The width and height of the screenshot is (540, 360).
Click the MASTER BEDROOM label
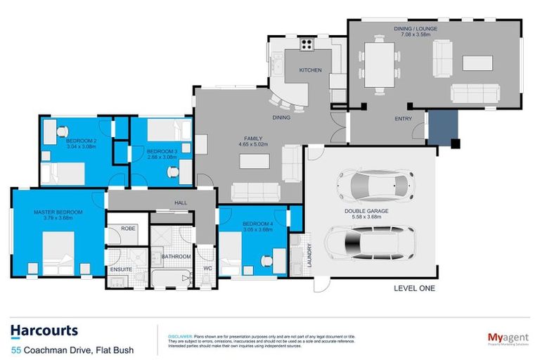coord(58,212)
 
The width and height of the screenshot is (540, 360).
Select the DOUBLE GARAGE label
coord(366,210)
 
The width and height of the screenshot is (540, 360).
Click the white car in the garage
coord(372,185)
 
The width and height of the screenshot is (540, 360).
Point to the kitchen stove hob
coord(307,44)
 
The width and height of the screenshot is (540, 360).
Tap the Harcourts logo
coord(44,330)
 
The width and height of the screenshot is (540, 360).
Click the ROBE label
coord(128,229)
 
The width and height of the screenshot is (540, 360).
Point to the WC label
coord(206,268)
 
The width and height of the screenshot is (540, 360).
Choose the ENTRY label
coord(403,119)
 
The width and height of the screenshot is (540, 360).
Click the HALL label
coord(180,202)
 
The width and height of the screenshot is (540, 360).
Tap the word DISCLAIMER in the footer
coord(180,337)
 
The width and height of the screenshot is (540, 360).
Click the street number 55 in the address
coord(15,349)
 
